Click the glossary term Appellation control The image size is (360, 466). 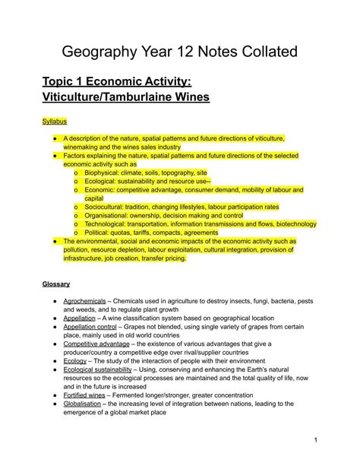94,328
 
